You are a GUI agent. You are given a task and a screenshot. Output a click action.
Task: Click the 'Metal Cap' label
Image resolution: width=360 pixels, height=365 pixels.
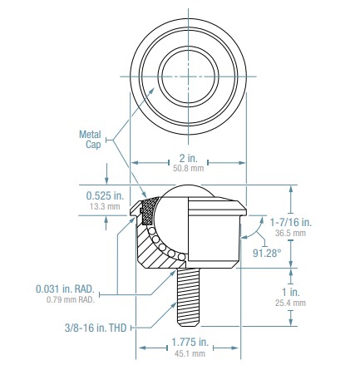tap(88, 137)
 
